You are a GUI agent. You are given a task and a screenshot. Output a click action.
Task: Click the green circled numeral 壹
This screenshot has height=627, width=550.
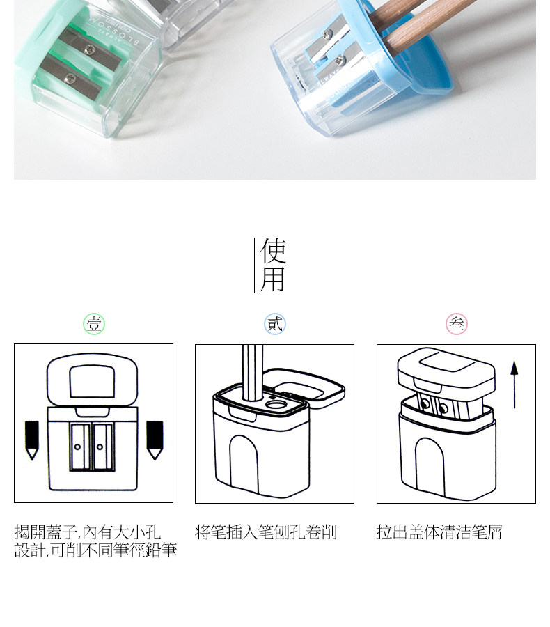tap(94, 324)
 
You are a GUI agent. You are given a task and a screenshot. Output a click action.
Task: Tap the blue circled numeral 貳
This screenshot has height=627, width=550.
tap(275, 324)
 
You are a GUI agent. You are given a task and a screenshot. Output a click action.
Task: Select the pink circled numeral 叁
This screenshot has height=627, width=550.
tap(457, 324)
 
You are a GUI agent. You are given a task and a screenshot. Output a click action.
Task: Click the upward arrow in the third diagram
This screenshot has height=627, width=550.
tap(514, 385)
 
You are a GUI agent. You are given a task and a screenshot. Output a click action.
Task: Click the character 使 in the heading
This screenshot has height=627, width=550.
tap(273, 251)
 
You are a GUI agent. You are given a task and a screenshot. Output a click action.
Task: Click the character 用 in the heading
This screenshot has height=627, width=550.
tap(273, 279)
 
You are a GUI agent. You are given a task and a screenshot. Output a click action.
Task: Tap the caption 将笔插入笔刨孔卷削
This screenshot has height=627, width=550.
tap(266, 532)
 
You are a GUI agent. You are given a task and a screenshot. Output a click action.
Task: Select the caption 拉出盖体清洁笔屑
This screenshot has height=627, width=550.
tap(439, 532)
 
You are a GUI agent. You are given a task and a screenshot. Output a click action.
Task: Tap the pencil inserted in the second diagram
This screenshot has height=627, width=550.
tap(252, 373)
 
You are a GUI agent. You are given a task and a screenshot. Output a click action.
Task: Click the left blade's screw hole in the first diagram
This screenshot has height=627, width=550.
tap(77, 447)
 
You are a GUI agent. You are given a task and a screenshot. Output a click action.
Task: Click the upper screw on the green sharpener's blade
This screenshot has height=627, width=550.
tap(88, 49)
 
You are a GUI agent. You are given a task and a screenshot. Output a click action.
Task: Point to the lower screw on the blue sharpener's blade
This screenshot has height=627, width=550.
tap(339, 61)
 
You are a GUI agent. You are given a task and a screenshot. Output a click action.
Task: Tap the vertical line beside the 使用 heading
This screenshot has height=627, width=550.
tap(255, 265)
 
